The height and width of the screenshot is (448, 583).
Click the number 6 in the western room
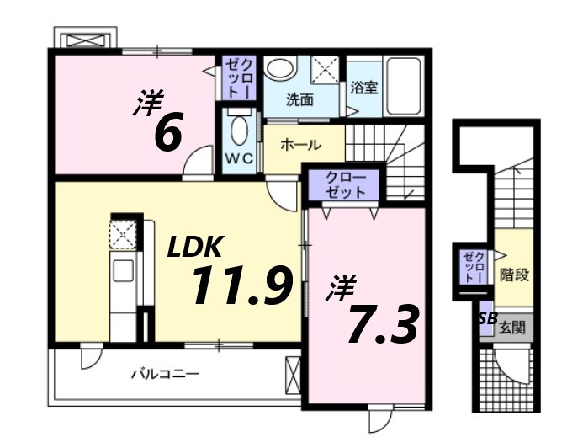tap(168, 132)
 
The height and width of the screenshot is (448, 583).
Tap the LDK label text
tap(194, 247)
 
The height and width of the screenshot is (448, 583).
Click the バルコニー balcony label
tap(165, 373)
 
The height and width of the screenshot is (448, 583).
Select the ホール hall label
tap(299, 145)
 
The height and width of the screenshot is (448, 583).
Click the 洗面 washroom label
tap(299, 100)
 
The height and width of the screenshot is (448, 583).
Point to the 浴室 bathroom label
tap(363, 88)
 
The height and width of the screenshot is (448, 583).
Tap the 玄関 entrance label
tap(512, 327)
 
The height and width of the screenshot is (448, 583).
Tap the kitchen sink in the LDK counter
tap(123, 272)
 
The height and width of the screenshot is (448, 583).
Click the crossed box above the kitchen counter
tap(123, 235)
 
